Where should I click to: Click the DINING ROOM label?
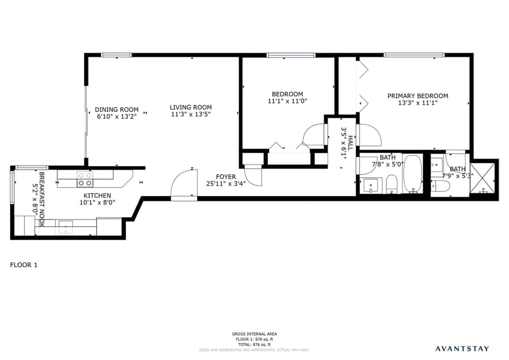(x=117, y=110)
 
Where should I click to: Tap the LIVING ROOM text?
(x=191, y=107)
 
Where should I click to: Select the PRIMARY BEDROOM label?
(x=417, y=96)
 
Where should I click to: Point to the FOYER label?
(x=225, y=177)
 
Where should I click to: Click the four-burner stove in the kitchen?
(x=84, y=179)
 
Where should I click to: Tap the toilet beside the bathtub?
(x=392, y=185)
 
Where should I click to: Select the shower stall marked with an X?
(x=484, y=178)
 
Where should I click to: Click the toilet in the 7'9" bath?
(x=441, y=186)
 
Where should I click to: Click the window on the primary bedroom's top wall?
(x=414, y=55)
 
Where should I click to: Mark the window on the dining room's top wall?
(x=116, y=55)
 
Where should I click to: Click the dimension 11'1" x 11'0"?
(x=287, y=101)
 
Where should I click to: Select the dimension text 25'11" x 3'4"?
(x=225, y=185)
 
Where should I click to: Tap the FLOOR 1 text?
(x=24, y=265)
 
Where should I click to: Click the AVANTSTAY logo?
(x=462, y=348)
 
